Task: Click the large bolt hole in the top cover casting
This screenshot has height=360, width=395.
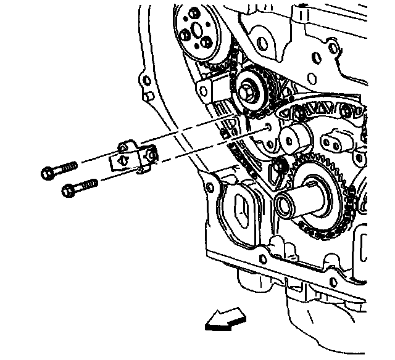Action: point(263,43)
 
